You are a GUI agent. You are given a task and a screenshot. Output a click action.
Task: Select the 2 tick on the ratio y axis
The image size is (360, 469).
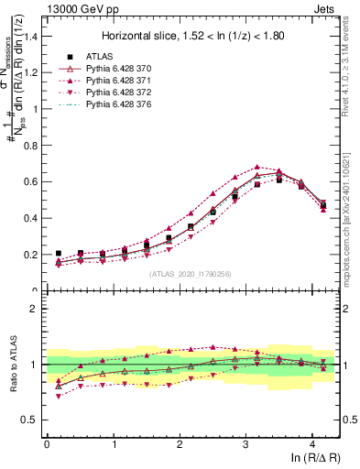[x=36, y=309]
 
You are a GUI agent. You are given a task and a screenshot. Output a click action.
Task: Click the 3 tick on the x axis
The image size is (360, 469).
[x=245, y=443]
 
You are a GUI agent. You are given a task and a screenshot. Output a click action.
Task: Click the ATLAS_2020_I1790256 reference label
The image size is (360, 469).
[x=191, y=274]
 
